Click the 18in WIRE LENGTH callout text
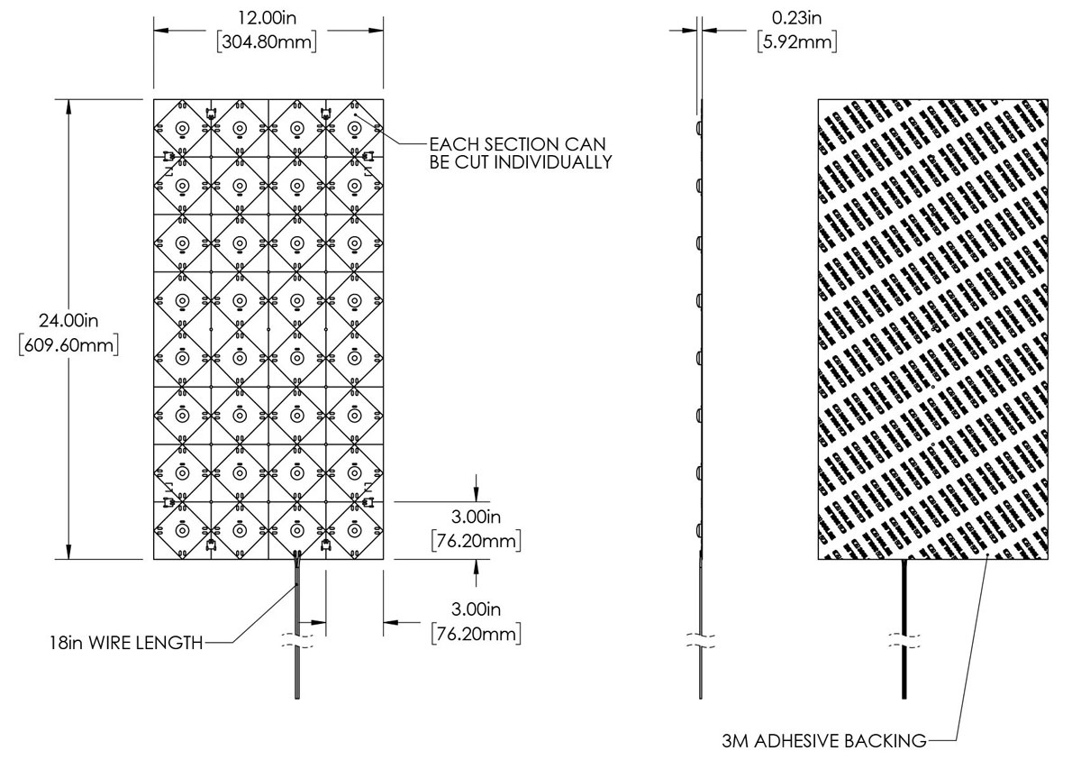125,643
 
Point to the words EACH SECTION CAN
517,143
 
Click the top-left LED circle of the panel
182,128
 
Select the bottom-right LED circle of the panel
355,531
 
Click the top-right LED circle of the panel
355,128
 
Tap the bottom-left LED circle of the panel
182,531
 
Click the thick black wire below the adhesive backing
904,595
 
